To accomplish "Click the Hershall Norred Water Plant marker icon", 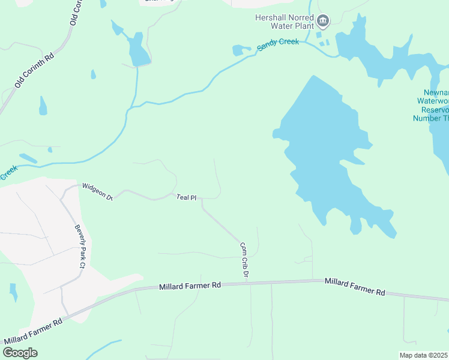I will (x=323, y=22).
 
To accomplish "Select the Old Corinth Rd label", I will (x=35, y=70).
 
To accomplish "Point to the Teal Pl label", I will (x=187, y=197).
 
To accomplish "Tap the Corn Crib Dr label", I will (x=244, y=259).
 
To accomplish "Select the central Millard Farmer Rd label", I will (x=190, y=287).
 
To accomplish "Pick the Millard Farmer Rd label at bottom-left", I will (x=33, y=332).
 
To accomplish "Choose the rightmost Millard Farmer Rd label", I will (x=355, y=286).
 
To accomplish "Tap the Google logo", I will (x=20, y=352).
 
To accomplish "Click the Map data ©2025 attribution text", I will (x=424, y=355).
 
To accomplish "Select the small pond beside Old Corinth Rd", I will (x=43, y=107).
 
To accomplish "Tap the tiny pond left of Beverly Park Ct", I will (x=13, y=292).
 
